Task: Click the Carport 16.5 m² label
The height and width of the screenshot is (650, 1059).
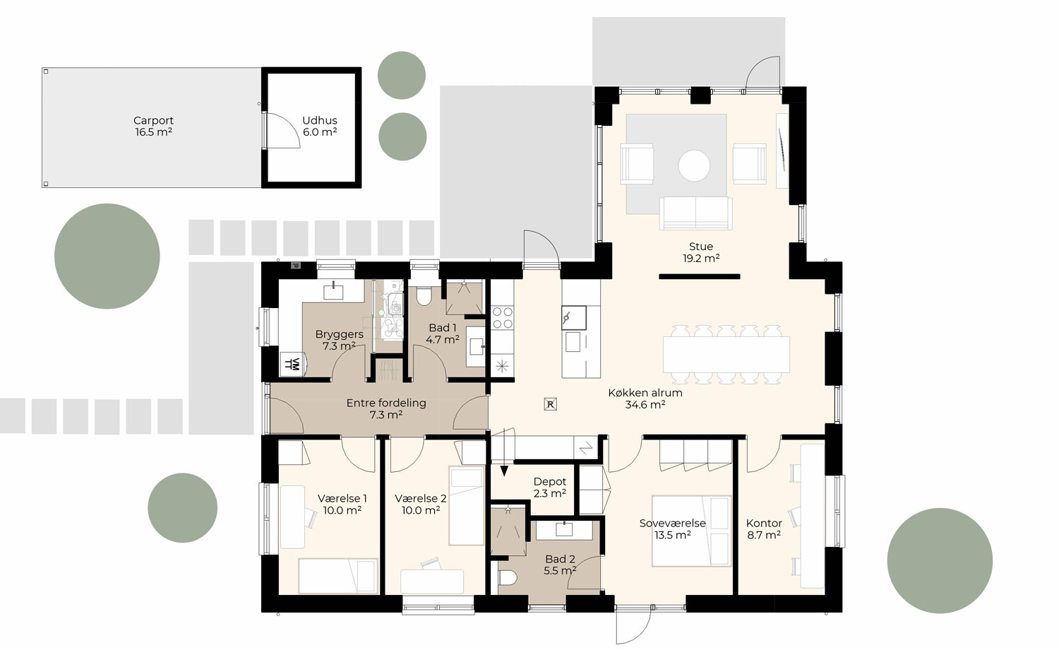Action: coord(153,126)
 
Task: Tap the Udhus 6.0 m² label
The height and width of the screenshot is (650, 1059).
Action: coord(319,126)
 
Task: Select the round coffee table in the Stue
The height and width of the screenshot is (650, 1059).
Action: coord(694,165)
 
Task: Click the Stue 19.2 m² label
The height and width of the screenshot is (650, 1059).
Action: coord(700,252)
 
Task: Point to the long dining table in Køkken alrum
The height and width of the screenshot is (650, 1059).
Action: coord(726,355)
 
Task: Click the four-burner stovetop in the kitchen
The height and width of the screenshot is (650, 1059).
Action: coord(502,317)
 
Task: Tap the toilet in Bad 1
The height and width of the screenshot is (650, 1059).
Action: coord(424,297)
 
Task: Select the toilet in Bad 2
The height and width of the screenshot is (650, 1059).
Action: coord(508,578)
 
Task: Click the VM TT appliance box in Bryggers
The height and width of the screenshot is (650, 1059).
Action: coord(290,364)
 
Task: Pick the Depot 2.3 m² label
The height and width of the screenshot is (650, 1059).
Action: coord(549,487)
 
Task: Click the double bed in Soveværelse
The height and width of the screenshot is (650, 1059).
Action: coord(690,531)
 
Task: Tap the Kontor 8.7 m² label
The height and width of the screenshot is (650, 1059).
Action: coord(763,529)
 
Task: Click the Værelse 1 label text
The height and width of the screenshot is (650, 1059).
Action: coord(342,499)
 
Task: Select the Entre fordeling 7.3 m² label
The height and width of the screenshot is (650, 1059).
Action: coord(385,408)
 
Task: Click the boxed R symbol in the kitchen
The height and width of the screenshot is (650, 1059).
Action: coord(551,404)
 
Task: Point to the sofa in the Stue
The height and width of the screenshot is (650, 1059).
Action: coord(695,213)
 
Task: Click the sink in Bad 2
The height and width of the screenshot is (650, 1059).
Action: coord(565,529)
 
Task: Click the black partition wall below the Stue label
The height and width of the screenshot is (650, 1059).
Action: coord(699,276)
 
